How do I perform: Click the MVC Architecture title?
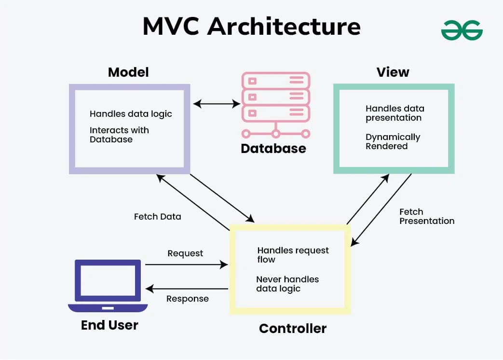[251, 27]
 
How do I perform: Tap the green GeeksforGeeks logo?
[462, 31]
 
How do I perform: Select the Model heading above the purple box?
[128, 72]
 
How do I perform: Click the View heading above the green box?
[393, 72]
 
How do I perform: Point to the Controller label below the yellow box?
[292, 329]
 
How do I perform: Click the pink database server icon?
[275, 104]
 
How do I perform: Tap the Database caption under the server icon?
[273, 148]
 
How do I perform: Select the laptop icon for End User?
[108, 286]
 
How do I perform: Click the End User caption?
[109, 325]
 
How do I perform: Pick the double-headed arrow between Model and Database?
[216, 103]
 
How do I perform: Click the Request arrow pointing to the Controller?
[186, 264]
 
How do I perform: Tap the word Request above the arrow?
[185, 253]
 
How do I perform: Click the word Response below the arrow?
[187, 299]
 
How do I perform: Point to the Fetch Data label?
[157, 217]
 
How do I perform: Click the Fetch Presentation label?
[426, 216]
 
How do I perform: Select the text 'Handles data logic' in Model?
[131, 114]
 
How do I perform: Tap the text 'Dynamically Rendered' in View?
[393, 141]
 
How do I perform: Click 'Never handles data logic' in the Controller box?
[287, 284]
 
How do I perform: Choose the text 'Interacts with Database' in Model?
[119, 135]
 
